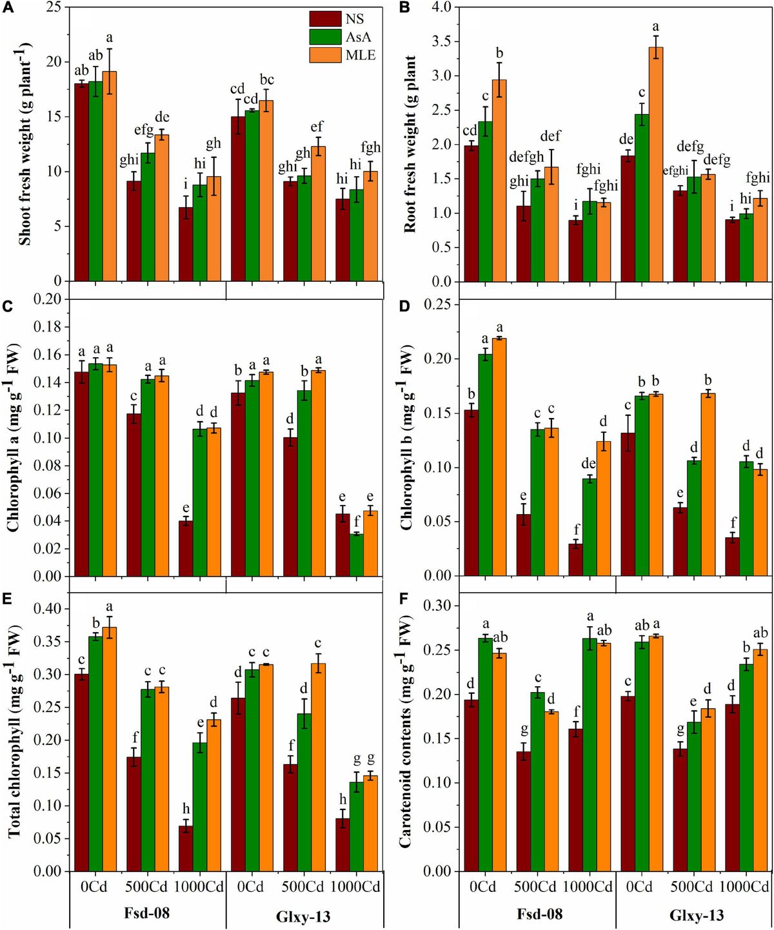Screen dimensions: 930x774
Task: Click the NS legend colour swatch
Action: point(325,19)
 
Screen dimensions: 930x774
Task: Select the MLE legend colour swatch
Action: point(325,55)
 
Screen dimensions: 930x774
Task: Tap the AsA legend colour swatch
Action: point(325,37)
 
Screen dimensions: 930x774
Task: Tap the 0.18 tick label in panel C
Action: point(46,327)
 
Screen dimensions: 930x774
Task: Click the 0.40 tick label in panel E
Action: point(46,609)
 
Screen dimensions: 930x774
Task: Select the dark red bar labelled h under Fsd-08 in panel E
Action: point(186,848)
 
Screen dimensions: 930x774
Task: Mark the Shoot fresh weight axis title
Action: point(25,144)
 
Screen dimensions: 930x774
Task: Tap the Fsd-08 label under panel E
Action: point(146,914)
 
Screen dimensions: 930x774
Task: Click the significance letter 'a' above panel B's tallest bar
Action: point(657,26)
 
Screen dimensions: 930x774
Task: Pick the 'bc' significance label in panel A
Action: point(266,79)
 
